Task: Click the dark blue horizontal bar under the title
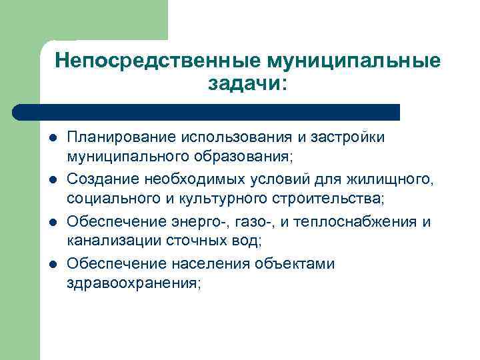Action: (207, 112)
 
